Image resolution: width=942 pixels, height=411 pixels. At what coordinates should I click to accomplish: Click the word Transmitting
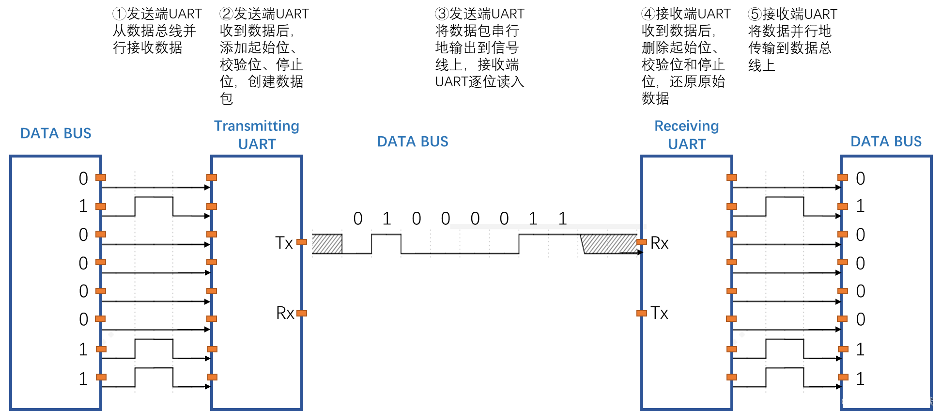257,126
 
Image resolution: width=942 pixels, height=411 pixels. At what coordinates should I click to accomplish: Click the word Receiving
686,126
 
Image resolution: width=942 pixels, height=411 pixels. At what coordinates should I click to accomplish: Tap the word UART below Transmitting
257,144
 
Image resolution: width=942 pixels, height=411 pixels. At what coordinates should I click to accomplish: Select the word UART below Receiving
687,144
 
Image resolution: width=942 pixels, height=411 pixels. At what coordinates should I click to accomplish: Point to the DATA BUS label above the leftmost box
56,133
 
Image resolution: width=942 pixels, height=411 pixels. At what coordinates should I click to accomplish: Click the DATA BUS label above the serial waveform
413,142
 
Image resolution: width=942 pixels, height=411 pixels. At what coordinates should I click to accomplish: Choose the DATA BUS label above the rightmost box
886,142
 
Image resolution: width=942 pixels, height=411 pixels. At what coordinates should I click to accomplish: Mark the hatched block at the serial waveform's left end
327,244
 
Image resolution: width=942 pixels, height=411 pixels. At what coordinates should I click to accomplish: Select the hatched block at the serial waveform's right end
609,244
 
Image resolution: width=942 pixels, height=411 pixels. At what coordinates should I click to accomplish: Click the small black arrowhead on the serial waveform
640,253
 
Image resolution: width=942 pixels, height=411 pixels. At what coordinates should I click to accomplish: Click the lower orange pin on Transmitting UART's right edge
302,314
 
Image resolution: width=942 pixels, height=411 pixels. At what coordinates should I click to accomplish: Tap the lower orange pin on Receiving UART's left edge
642,314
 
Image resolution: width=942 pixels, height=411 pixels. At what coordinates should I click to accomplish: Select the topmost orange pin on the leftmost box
101,177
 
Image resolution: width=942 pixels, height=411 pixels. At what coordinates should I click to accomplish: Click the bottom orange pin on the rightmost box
843,377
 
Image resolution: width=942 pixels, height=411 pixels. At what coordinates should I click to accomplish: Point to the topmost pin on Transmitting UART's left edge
212,177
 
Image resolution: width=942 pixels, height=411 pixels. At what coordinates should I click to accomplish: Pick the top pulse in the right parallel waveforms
785,206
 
